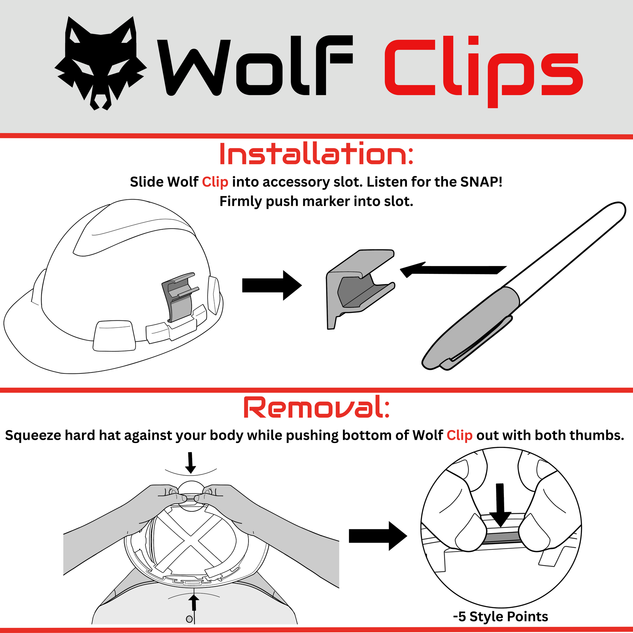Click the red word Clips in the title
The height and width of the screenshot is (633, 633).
(x=484, y=72)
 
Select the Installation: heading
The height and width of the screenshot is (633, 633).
(x=316, y=154)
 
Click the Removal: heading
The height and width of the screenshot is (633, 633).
(x=316, y=407)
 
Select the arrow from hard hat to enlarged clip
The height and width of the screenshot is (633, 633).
(x=272, y=285)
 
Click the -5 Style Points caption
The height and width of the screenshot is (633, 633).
(x=500, y=616)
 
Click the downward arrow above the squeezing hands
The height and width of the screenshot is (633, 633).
(x=190, y=463)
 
